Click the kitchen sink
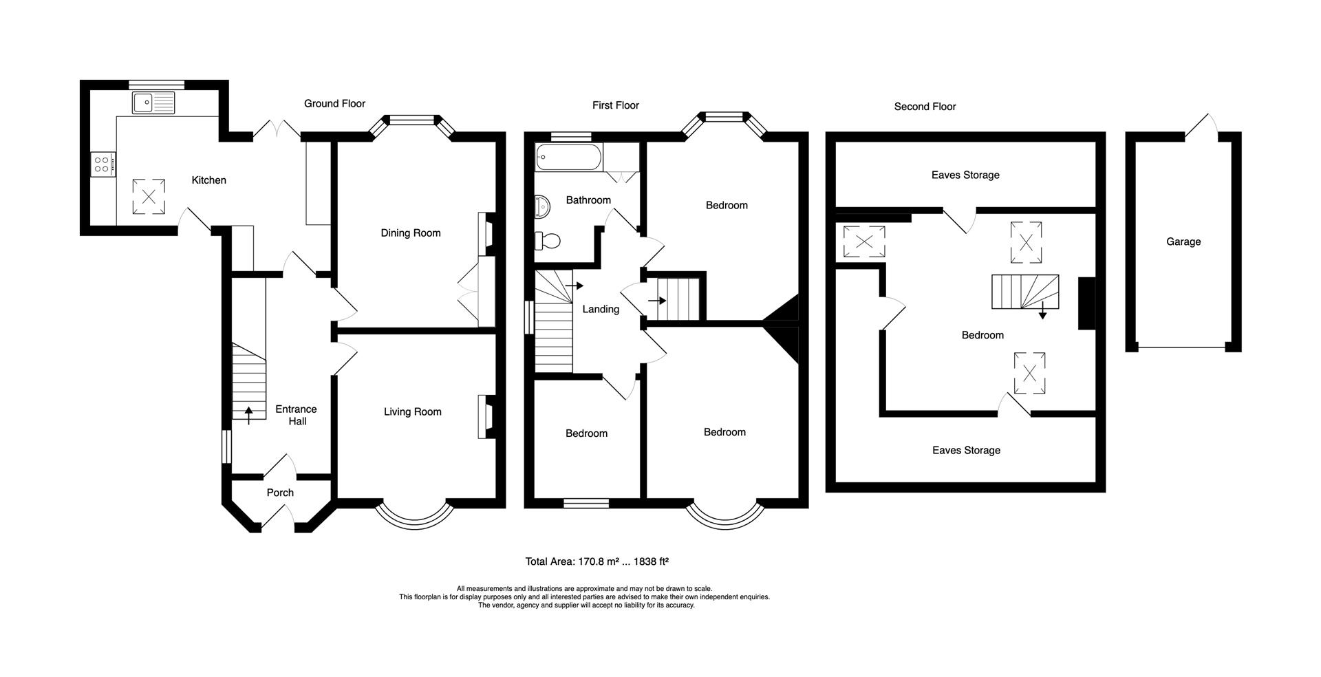click(154, 103)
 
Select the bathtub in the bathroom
click(568, 158)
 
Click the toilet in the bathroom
click(548, 241)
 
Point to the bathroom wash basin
click(542, 205)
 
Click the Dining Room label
click(411, 233)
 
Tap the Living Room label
click(413, 412)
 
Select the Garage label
click(1183, 241)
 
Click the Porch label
click(280, 493)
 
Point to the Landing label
click(601, 310)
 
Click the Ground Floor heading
click(334, 104)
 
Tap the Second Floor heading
click(925, 107)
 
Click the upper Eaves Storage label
click(965, 175)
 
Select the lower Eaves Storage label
click(966, 451)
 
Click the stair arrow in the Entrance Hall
click(248, 414)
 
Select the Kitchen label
click(208, 180)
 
